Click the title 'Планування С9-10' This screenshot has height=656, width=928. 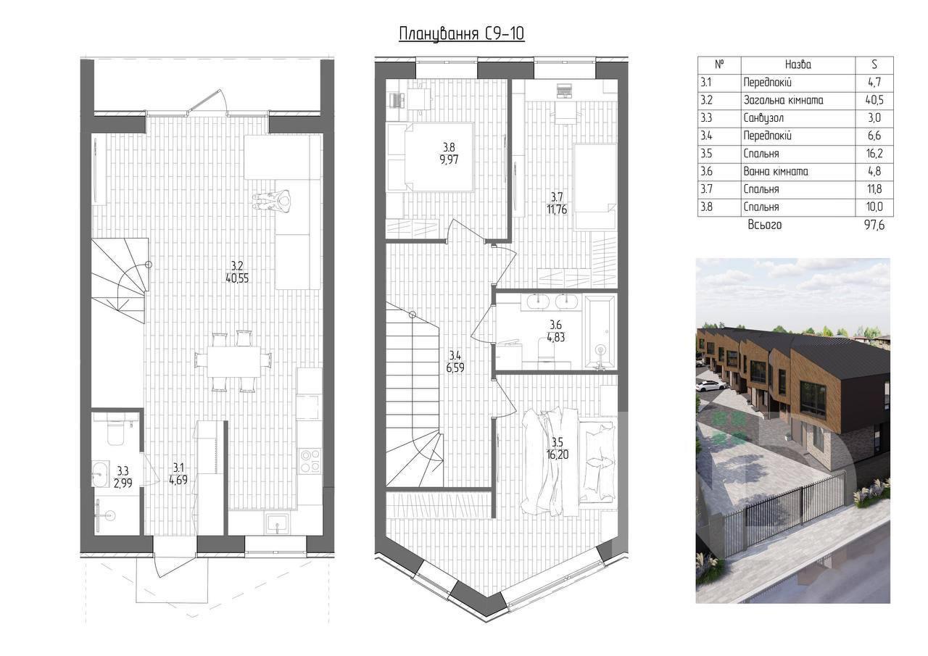[462, 34]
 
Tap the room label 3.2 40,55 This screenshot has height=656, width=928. [237, 272]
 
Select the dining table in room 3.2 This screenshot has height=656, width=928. [234, 361]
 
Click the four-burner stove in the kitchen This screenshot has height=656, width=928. [310, 460]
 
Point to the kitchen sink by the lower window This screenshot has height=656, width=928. [278, 523]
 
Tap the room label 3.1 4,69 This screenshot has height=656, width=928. [178, 474]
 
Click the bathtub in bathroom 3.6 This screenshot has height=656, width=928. [600, 331]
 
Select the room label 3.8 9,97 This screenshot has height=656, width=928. [449, 153]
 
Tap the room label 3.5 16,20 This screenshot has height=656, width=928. [557, 449]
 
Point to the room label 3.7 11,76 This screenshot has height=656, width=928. [556, 203]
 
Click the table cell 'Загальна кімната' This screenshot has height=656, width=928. [784, 100]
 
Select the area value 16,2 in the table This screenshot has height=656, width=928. [874, 154]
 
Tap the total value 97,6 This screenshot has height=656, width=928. [874, 225]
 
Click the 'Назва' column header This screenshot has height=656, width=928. [798, 65]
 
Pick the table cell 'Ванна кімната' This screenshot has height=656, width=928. [776, 172]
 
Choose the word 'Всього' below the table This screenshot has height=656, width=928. [765, 225]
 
